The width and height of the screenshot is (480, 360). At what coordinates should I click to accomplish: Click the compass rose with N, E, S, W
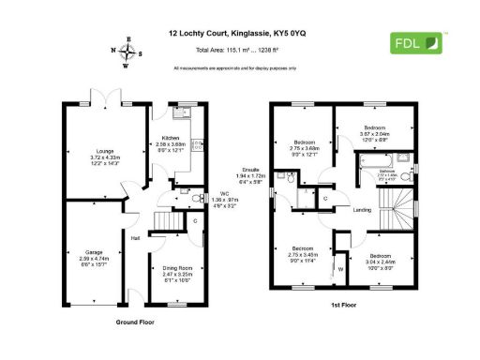coord(127,52)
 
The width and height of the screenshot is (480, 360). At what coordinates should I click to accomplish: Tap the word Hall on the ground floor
coord(136,239)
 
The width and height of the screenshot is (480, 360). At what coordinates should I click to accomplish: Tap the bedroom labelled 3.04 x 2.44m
coord(380,261)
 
